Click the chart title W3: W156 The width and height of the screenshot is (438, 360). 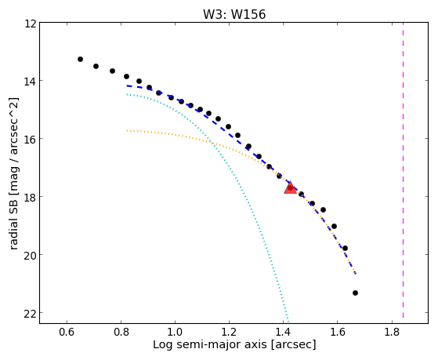(234, 14)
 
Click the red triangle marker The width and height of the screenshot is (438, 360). (290, 187)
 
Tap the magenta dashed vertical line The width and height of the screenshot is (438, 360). (403, 170)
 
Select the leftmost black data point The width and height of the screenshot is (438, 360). (80, 59)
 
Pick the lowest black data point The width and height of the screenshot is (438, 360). (355, 293)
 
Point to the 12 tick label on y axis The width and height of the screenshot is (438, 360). (31, 24)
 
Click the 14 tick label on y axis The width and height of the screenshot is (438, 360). (31, 81)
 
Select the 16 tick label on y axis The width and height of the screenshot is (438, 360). (31, 139)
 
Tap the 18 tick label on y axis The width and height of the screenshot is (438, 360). (31, 197)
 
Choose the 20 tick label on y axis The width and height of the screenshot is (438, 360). (31, 255)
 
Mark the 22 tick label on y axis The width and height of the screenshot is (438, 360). (31, 313)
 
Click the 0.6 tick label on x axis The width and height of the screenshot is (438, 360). (67, 332)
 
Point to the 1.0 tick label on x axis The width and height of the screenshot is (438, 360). (175, 332)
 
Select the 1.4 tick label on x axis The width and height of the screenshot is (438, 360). (283, 332)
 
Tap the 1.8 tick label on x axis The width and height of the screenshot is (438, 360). (392, 332)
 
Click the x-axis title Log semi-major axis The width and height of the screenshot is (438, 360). (210, 345)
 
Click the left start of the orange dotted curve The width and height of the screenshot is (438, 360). (127, 131)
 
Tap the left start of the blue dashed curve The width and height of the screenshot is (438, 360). (127, 85)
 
